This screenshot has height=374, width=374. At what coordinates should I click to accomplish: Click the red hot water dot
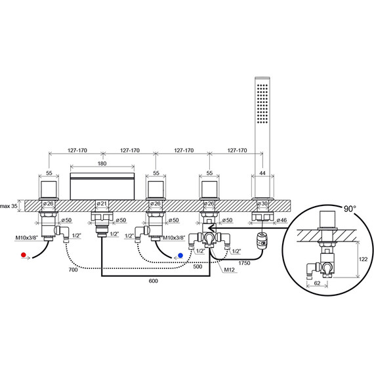tap(24, 255)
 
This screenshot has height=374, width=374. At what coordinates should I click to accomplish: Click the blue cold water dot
tap(180, 255)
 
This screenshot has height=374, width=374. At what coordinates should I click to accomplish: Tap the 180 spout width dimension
tap(102, 163)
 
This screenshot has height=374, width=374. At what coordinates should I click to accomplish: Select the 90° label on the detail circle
tap(350, 209)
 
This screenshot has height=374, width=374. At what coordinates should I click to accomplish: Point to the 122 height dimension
tap(363, 259)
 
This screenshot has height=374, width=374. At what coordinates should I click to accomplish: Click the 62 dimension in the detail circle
tap(317, 283)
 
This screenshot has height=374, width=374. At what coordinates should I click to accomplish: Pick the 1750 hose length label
tap(244, 263)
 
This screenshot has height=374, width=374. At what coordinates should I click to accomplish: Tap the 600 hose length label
tap(154, 281)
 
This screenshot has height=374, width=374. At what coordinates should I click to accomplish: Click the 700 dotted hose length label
tap(73, 270)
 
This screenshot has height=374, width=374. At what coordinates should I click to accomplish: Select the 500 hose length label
tap(197, 266)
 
